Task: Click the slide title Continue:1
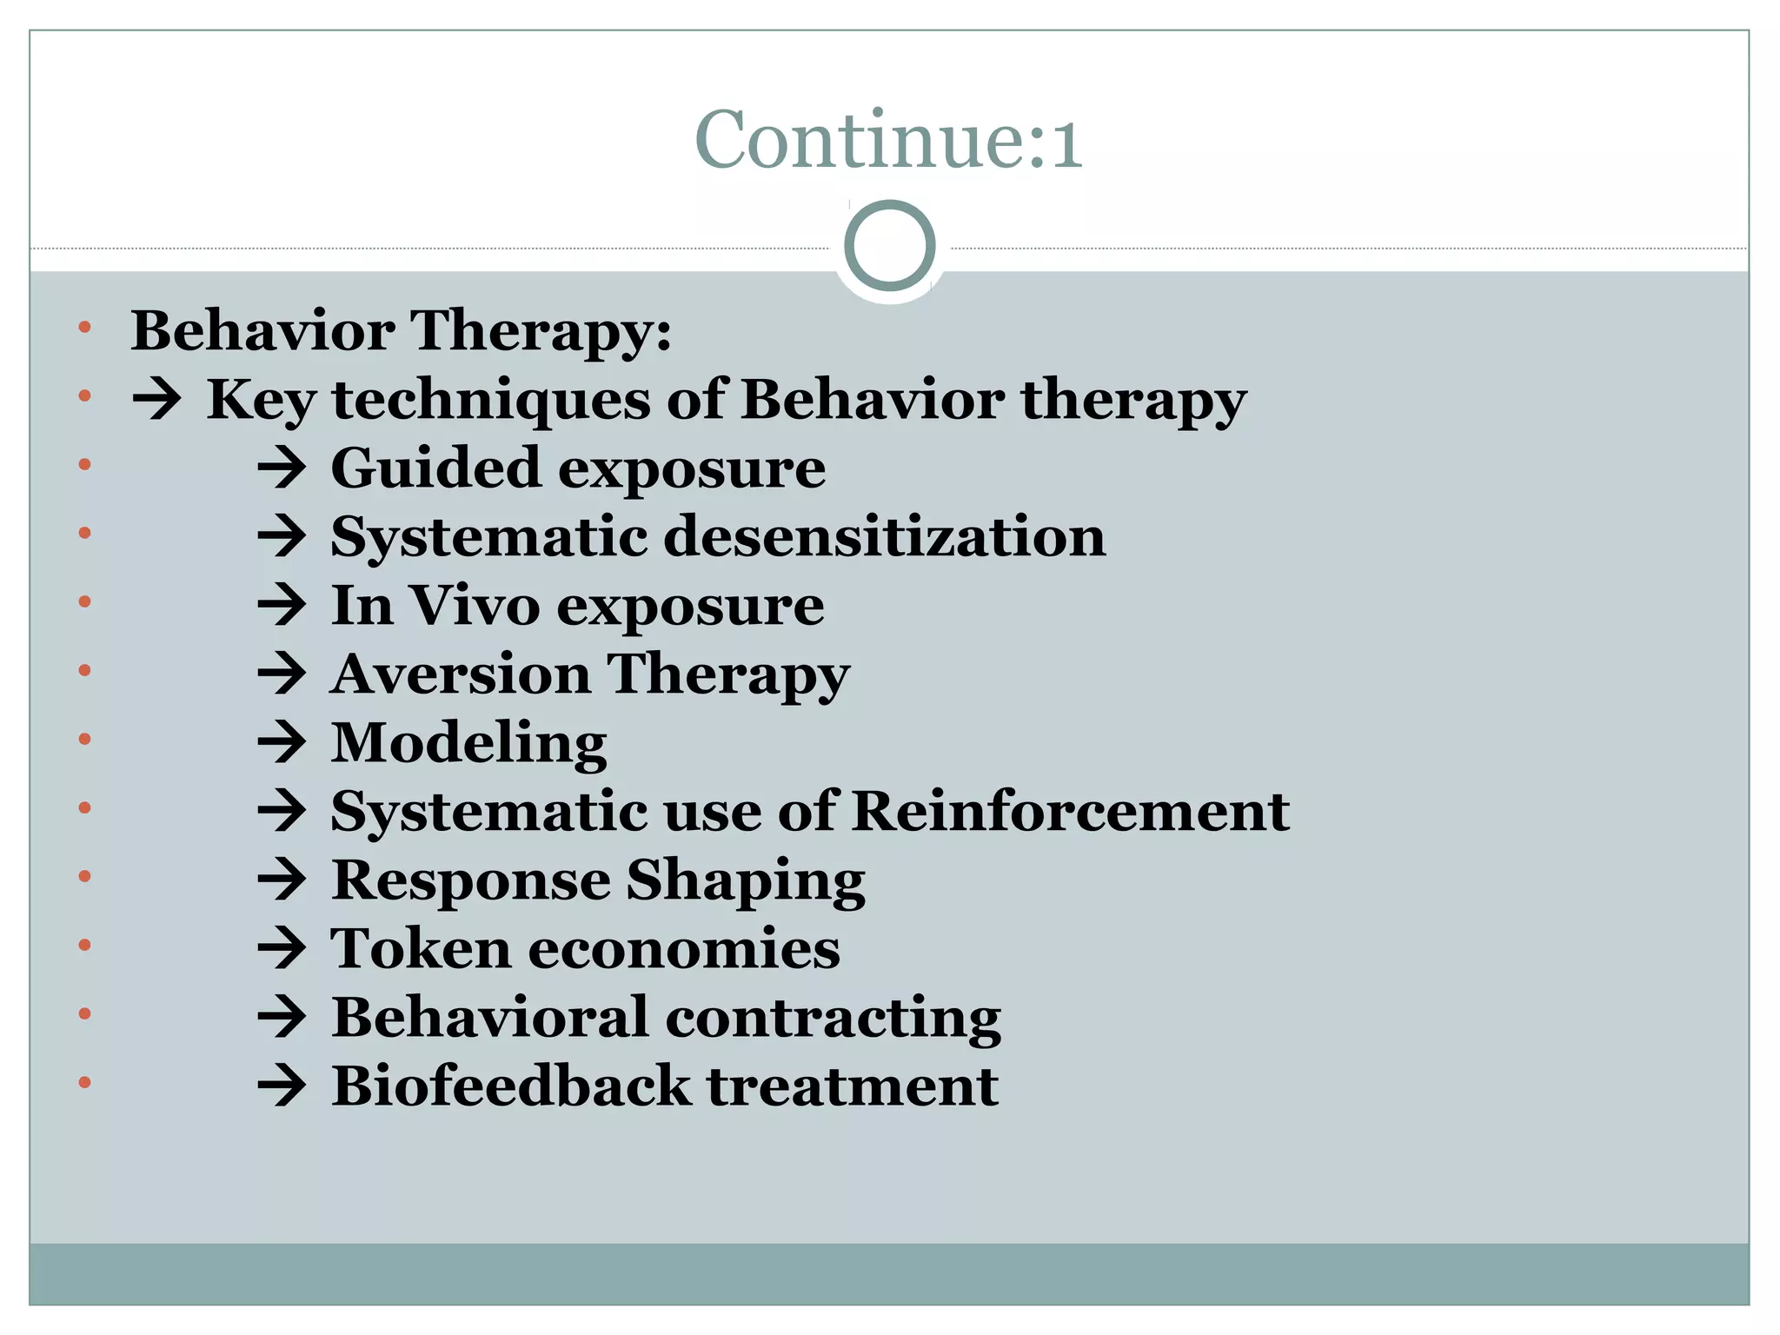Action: click(888, 140)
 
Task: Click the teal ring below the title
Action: click(889, 246)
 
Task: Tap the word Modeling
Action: click(468, 744)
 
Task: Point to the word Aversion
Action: click(461, 674)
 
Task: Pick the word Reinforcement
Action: click(1071, 811)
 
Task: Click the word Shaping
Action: click(745, 881)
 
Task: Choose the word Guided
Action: click(436, 469)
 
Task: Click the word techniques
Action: click(491, 401)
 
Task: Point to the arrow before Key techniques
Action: click(157, 401)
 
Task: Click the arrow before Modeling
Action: click(282, 744)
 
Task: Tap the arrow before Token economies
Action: click(282, 949)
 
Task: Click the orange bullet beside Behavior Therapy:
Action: click(84, 328)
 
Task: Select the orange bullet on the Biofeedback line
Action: click(84, 1083)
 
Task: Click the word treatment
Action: click(853, 1086)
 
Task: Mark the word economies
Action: click(684, 948)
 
